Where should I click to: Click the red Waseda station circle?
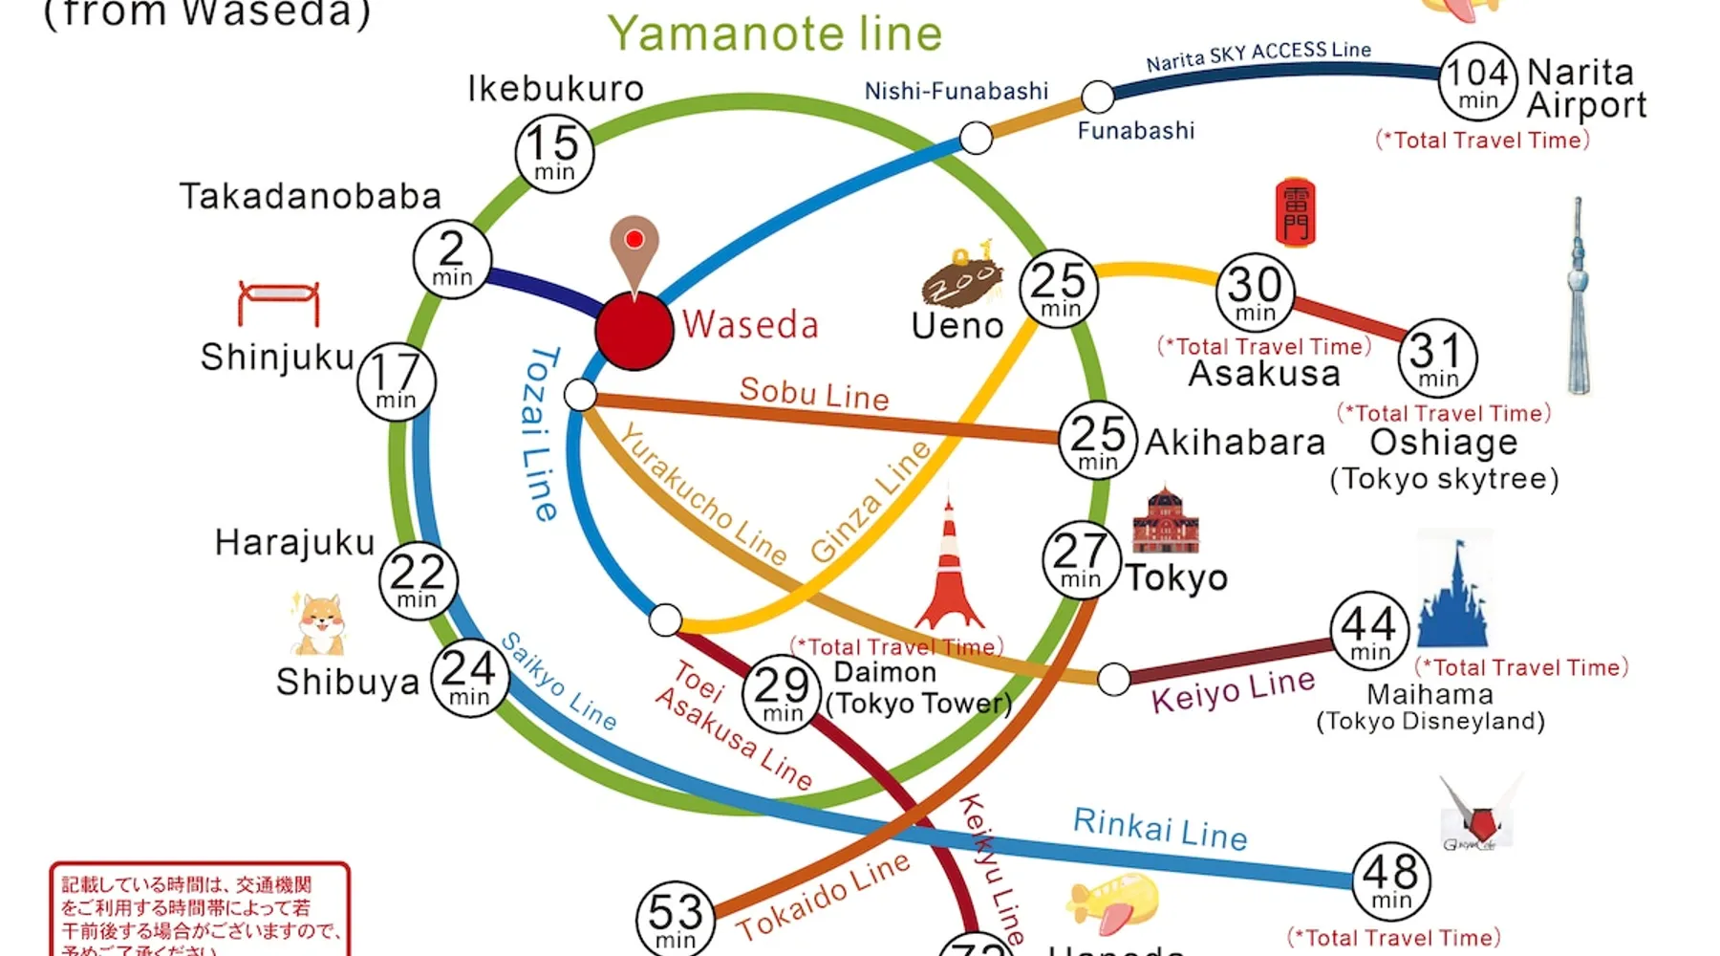click(x=634, y=330)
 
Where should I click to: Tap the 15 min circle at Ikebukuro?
click(x=554, y=153)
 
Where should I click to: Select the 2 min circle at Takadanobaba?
click(x=452, y=259)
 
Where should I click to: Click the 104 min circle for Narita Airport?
click(x=1477, y=81)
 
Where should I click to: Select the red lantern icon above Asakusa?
click(x=1295, y=212)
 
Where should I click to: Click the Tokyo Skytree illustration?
click(x=1578, y=296)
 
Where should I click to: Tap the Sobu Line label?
click(x=814, y=393)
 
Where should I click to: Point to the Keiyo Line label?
click(x=1233, y=690)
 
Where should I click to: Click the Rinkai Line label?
click(x=1159, y=828)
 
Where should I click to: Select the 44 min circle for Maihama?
click(x=1369, y=631)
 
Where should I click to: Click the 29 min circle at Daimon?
click(x=782, y=693)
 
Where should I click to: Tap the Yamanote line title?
click(x=775, y=33)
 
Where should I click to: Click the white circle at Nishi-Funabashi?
click(x=976, y=138)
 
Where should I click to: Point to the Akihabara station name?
click(x=1235, y=443)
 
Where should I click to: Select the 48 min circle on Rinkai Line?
click(x=1390, y=880)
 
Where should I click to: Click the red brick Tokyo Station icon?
click(x=1165, y=521)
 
